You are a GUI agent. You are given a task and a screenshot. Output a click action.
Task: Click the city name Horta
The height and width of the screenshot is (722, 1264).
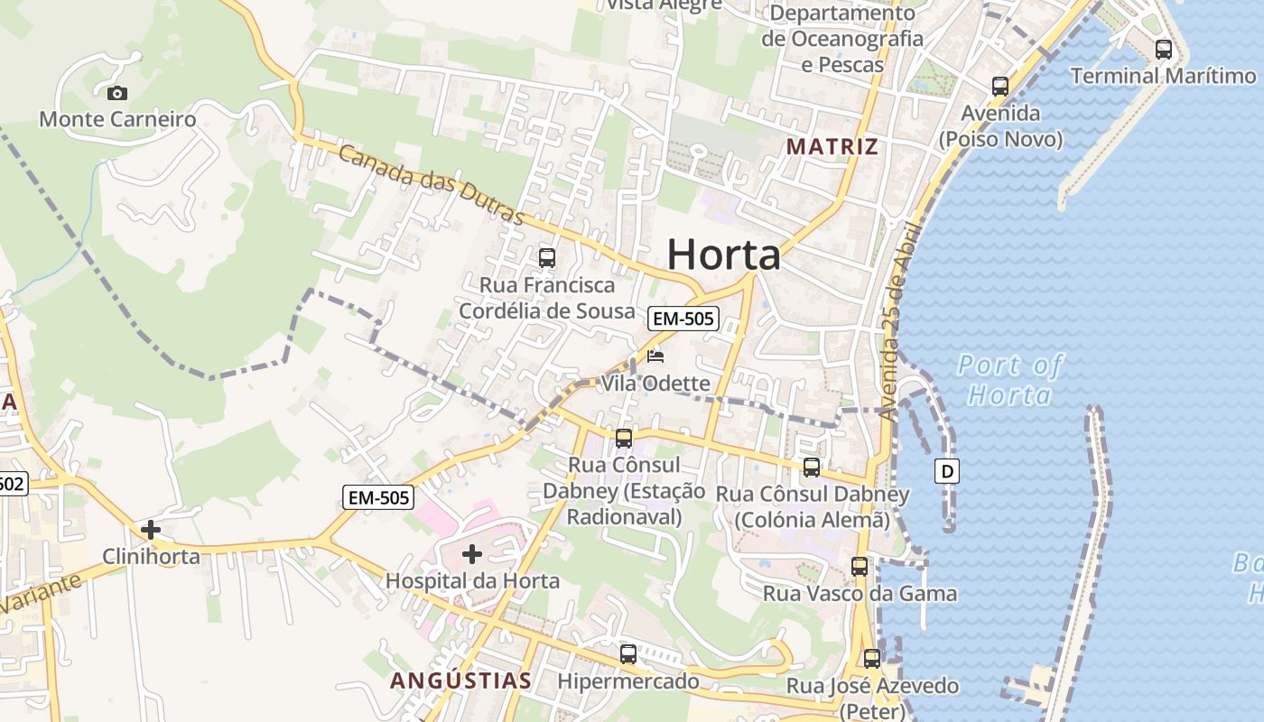point(724,255)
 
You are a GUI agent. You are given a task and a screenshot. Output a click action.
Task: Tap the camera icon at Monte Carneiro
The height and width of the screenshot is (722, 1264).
point(116,93)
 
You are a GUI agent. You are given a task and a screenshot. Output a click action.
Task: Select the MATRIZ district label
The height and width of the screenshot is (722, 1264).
point(832,146)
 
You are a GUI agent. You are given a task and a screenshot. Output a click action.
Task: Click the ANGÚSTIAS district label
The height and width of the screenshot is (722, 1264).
point(460,680)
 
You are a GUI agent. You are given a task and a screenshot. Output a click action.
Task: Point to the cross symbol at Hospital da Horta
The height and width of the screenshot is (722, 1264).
point(471,554)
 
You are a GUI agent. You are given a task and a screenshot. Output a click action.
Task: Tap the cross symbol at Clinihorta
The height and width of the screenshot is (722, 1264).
point(151,530)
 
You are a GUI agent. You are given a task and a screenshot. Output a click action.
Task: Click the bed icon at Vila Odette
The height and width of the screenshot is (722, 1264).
point(655,356)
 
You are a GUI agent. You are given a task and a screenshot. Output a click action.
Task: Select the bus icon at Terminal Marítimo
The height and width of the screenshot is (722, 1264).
point(1164,50)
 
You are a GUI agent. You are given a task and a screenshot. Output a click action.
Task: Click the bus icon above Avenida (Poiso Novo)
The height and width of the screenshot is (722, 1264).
point(1000,87)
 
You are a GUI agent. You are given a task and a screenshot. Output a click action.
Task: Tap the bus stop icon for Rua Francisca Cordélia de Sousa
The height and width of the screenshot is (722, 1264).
point(547,258)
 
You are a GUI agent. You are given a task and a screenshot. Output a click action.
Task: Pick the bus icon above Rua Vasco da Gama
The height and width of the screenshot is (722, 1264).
point(860,567)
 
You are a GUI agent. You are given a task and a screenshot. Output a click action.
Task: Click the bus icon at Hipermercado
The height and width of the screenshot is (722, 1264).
point(628,654)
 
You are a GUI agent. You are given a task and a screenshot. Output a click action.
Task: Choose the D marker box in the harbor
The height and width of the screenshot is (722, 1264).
point(947,470)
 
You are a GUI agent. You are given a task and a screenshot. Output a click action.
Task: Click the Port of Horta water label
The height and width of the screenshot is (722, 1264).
point(1009,379)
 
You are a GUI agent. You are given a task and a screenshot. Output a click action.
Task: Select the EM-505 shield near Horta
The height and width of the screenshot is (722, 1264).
point(683,318)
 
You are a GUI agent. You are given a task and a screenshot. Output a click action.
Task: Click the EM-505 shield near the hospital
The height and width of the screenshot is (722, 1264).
point(378,496)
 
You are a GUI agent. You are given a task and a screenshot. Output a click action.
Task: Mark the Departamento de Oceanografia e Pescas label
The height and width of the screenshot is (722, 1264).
point(842,39)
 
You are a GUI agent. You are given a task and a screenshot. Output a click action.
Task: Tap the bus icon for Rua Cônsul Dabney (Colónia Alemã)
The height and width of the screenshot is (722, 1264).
point(812,467)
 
